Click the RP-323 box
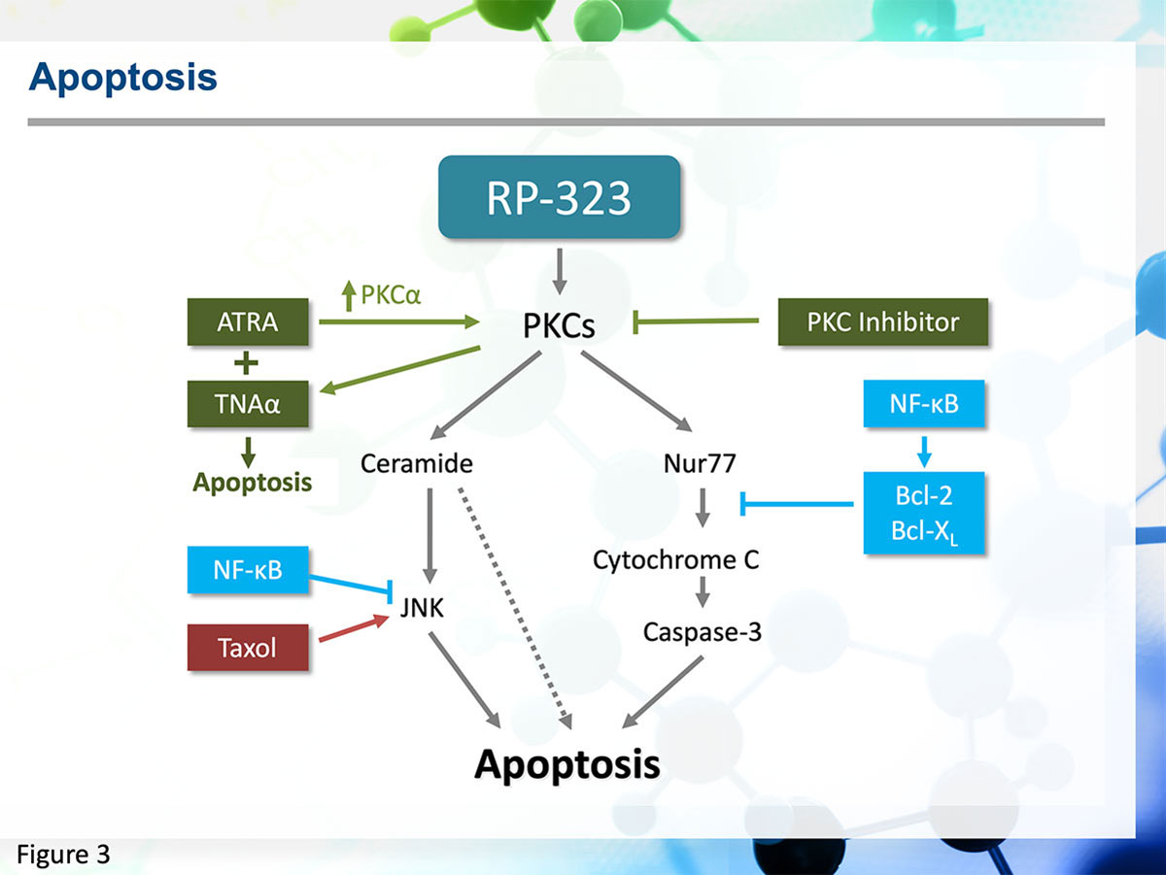(559, 197)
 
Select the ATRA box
(248, 321)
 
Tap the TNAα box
(248, 404)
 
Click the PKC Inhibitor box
(883, 321)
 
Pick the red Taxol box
(248, 647)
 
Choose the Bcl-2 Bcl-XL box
(924, 513)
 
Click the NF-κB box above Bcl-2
(924, 404)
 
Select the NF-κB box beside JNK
(248, 570)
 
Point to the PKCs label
(559, 325)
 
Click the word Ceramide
(417, 463)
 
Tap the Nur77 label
(700, 463)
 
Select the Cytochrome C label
(675, 559)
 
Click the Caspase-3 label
(703, 632)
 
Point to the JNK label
(422, 607)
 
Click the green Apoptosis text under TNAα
(253, 483)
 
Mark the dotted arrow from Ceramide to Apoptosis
(514, 608)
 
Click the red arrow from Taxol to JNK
(355, 628)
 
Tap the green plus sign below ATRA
(246, 363)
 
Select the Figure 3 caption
(63, 855)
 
